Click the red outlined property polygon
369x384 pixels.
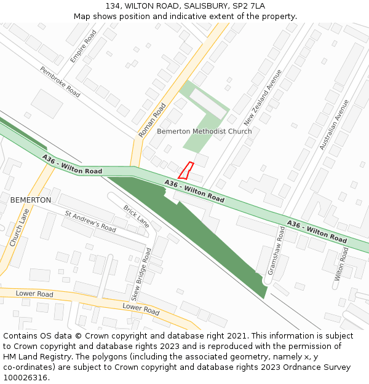(186, 170)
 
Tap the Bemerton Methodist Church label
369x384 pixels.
(204, 131)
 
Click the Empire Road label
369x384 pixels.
(84, 46)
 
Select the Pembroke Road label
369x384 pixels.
(60, 82)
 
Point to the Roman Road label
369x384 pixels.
(153, 120)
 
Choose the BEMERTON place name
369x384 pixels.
(31, 200)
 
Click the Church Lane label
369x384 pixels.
(19, 227)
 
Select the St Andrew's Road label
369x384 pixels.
(90, 221)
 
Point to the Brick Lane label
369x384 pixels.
(136, 216)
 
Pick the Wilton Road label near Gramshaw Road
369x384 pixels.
(342, 265)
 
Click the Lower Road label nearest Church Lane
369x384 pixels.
(34, 294)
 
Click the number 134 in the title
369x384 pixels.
(113, 6)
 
